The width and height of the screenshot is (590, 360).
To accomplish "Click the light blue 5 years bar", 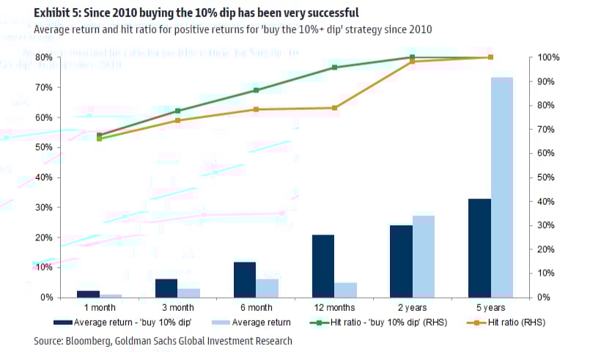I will click(502, 187).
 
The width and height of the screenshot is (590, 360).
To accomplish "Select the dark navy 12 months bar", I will click(323, 265).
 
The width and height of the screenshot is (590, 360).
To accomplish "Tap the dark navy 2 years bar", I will click(401, 261).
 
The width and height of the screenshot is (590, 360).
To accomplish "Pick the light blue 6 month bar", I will click(268, 288).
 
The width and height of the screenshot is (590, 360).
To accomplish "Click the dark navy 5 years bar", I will click(479, 248).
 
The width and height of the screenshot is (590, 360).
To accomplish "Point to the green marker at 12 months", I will click(334, 67).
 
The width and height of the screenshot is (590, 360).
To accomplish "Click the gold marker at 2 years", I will click(412, 62).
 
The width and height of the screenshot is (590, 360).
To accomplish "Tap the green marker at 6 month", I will click(256, 90).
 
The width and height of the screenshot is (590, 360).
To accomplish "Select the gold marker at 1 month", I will click(100, 139).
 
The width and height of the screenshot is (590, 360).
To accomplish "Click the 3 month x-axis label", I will click(177, 307).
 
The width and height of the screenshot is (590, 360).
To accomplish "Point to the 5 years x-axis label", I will click(490, 307).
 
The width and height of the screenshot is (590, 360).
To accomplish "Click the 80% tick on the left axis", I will click(43, 57).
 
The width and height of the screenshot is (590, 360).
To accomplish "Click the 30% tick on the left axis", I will click(43, 207).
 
